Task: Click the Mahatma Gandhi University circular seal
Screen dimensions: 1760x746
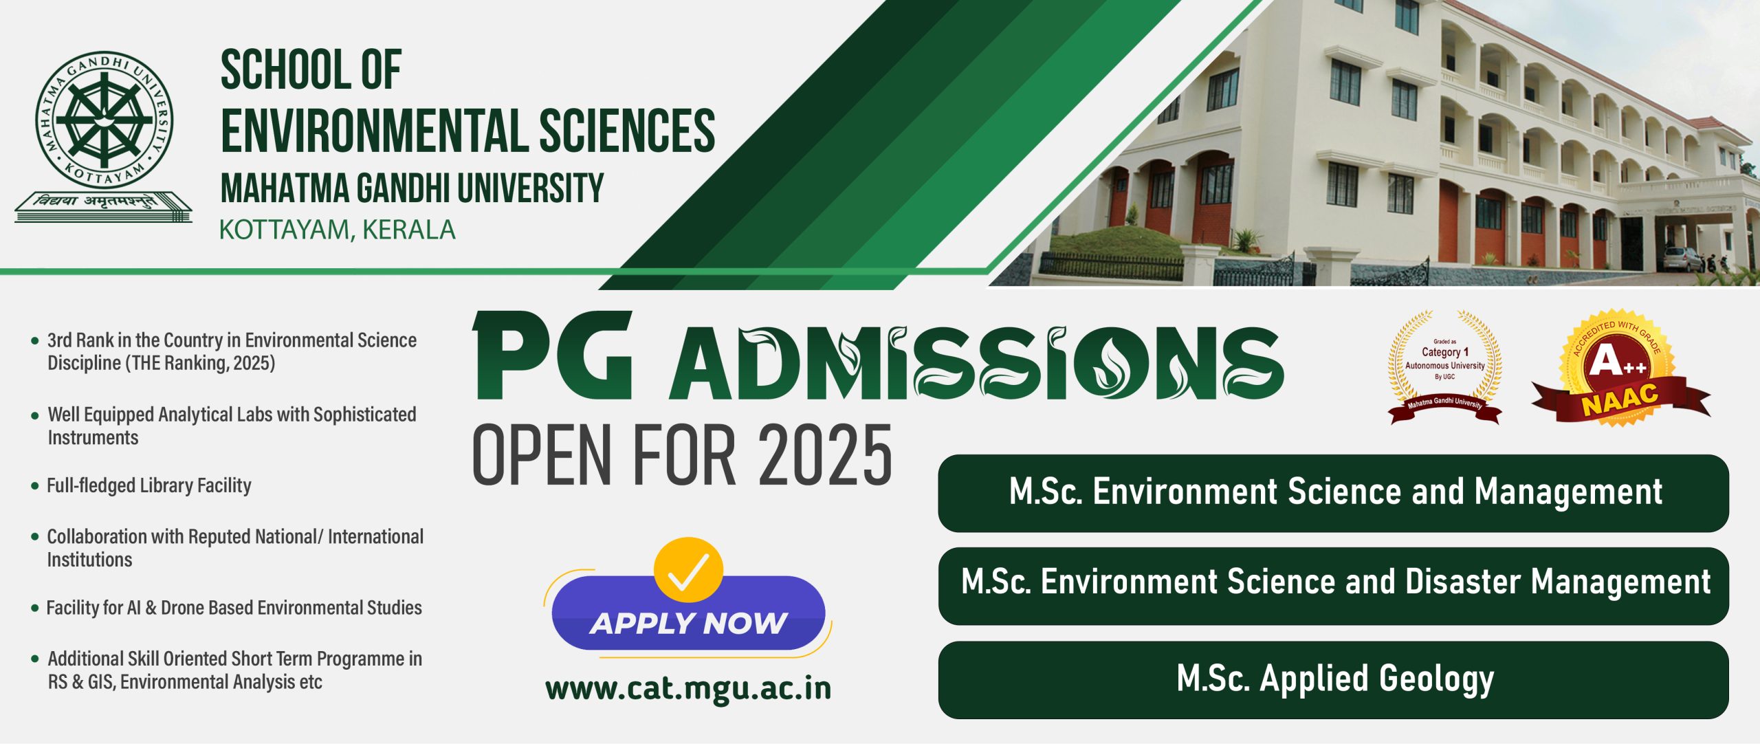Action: tap(104, 120)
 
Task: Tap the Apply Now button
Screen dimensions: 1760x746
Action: tap(688, 614)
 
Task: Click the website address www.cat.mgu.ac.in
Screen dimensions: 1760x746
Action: tap(688, 689)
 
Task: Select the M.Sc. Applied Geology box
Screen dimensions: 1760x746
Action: tap(1333, 680)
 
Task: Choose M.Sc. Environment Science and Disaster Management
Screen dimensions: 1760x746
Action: tap(1333, 586)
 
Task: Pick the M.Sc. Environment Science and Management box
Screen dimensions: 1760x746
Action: tap(1333, 493)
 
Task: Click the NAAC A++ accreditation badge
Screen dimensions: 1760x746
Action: tap(1621, 368)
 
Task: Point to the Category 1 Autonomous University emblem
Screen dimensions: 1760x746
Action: tap(1445, 368)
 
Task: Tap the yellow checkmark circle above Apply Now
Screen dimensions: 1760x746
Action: tap(688, 570)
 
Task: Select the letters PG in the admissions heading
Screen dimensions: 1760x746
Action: tap(552, 355)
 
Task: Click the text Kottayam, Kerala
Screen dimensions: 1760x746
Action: tap(337, 230)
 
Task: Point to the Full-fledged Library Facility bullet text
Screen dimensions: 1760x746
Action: tap(148, 485)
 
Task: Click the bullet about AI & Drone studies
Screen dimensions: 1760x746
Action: tap(234, 608)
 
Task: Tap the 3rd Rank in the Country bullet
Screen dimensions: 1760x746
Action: tap(232, 351)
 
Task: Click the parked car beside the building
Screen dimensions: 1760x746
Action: tap(1683, 259)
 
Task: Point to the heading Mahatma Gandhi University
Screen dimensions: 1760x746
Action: tap(412, 188)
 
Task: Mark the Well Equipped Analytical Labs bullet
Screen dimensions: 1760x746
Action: tap(232, 426)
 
